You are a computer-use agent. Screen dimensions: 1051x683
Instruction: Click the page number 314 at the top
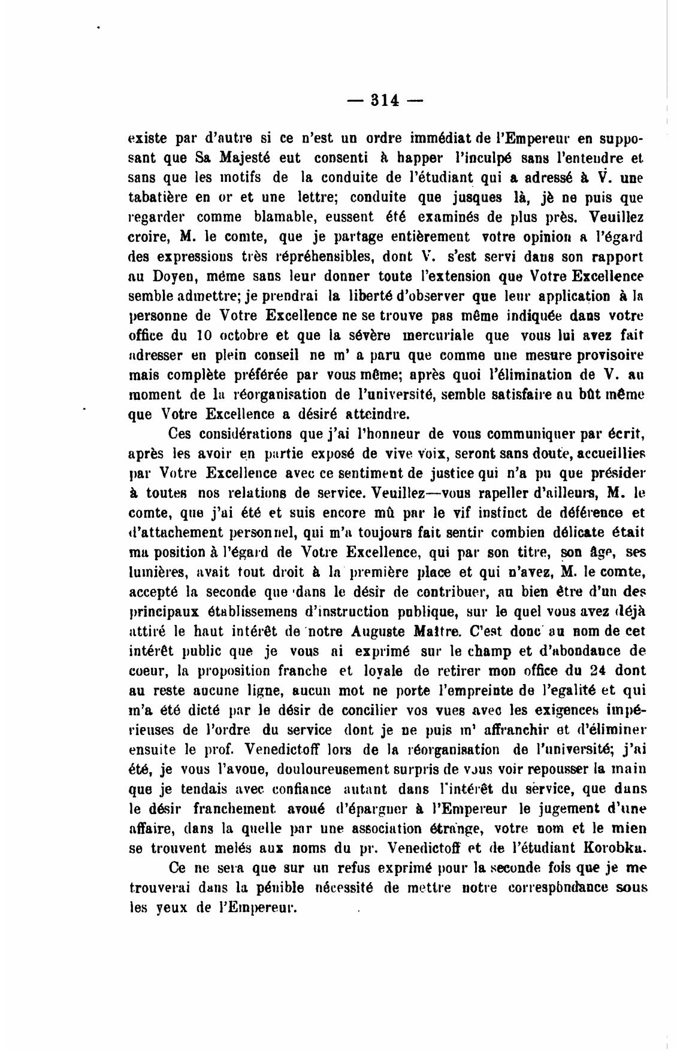coord(385,100)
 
